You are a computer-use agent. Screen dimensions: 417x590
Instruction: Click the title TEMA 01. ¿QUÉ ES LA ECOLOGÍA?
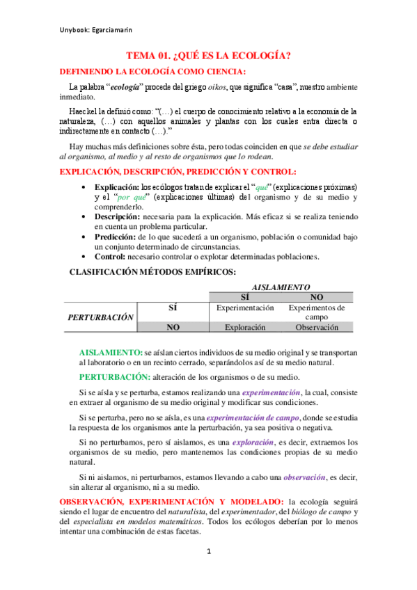pos(208,56)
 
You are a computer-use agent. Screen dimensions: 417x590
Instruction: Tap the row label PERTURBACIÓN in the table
pos(100,317)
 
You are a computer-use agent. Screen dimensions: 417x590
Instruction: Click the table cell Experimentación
pos(246,308)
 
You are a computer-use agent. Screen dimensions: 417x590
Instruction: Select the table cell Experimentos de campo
pos(316,312)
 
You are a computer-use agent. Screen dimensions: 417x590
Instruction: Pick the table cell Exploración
pos(246,327)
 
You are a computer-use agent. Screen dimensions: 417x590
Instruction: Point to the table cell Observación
pos(317,327)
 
